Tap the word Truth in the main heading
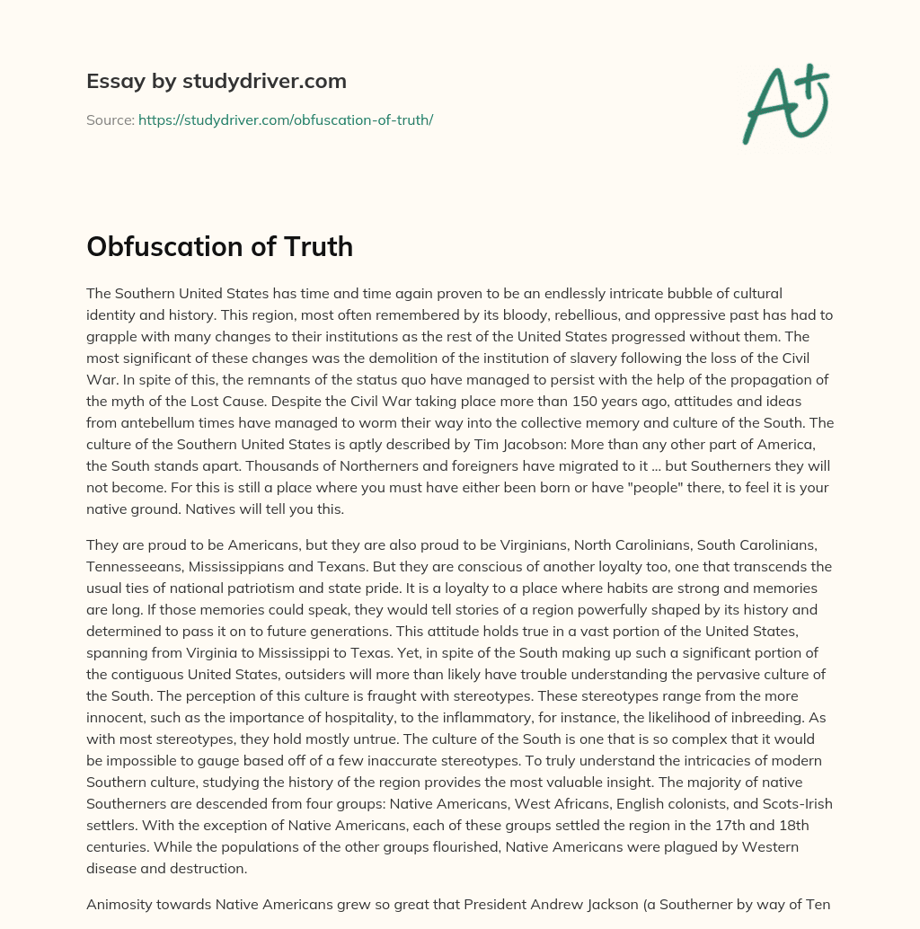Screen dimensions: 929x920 (x=315, y=246)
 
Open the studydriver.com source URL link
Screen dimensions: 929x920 (x=286, y=119)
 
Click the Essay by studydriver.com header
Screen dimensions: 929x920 (x=216, y=81)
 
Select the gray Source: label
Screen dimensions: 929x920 (x=110, y=119)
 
